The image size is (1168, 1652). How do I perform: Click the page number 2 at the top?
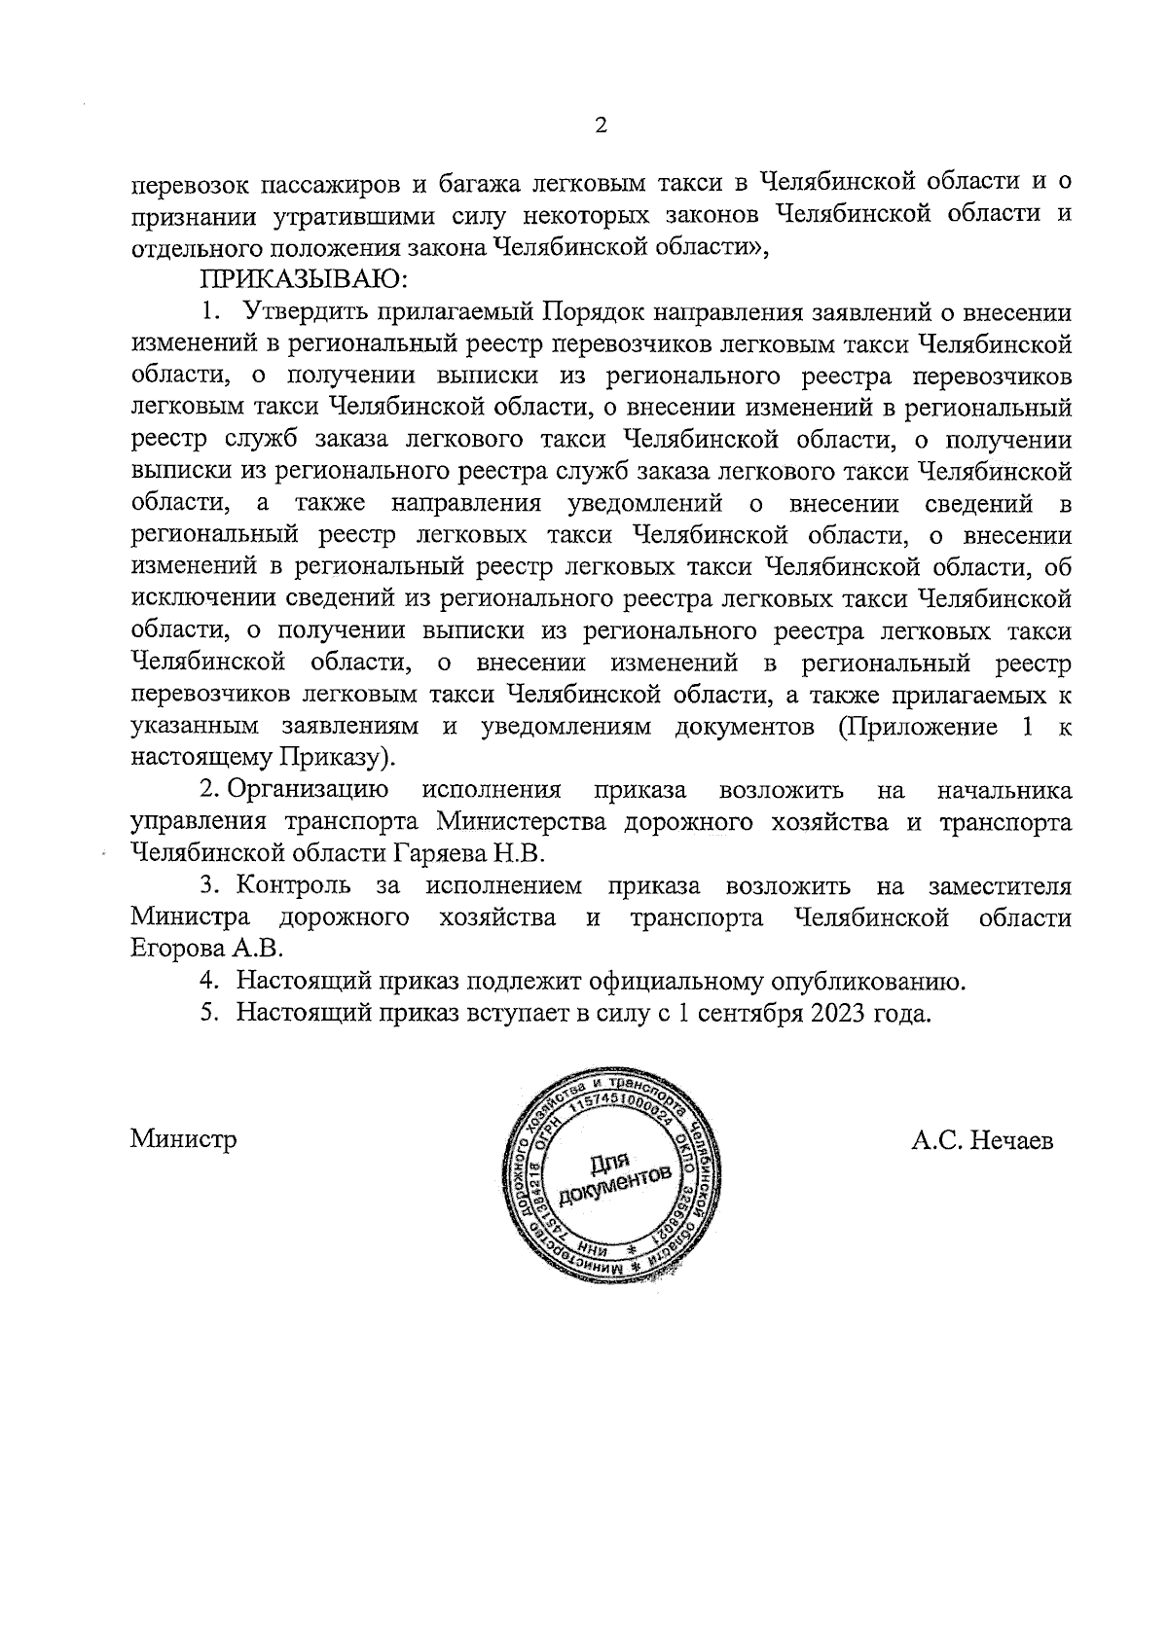click(x=600, y=126)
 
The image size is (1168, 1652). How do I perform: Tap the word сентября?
click(x=748, y=1013)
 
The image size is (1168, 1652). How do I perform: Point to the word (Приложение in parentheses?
click(x=910, y=727)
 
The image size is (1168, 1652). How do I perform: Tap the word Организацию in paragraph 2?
click(x=309, y=790)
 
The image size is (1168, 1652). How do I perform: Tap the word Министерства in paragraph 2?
click(x=522, y=822)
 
